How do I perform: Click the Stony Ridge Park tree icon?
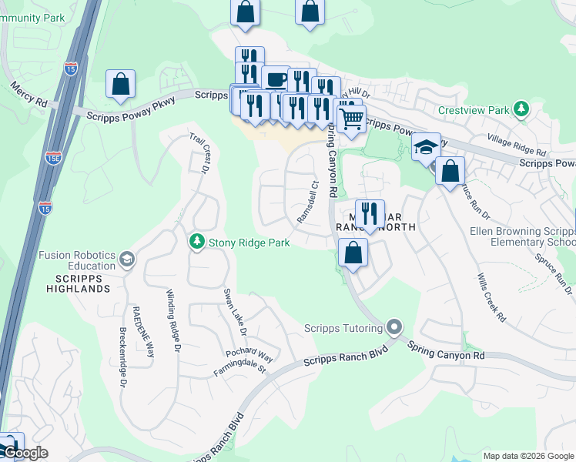pos(197,242)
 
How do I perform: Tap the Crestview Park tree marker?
pos(521,109)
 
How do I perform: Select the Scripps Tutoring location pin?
pos(395,329)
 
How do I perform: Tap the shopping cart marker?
pos(350,119)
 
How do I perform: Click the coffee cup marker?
pos(275,79)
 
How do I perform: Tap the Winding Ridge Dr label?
pos(173,321)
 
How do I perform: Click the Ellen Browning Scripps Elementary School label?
pos(523,237)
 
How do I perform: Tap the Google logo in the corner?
pos(25,453)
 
